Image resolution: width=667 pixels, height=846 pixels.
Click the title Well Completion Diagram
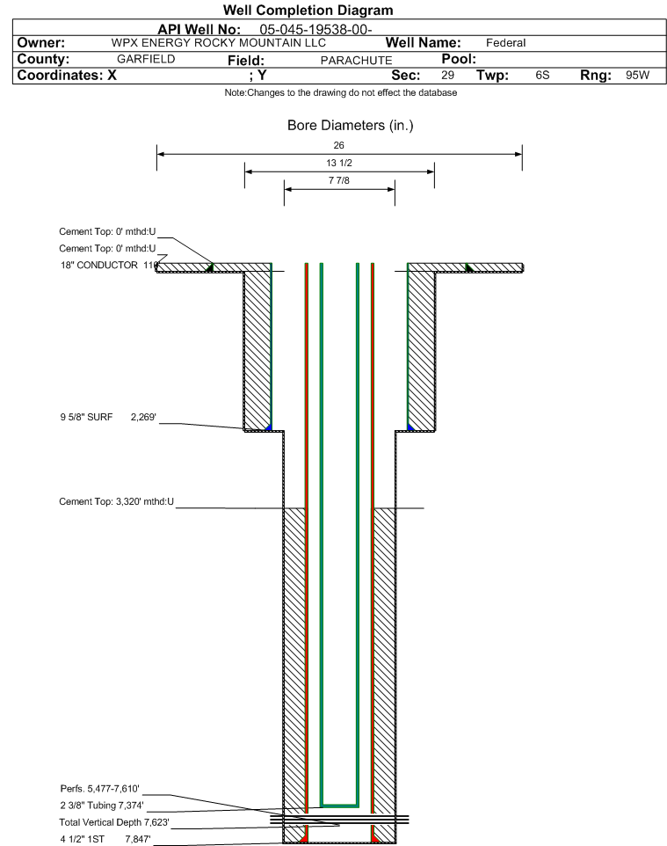(x=308, y=11)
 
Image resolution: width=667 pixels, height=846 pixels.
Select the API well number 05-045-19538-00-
(x=316, y=30)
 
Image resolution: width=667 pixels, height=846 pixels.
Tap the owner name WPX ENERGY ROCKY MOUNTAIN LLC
(x=219, y=43)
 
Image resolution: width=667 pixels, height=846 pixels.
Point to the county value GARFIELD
(x=146, y=59)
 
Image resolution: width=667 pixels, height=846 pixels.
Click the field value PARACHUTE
(x=357, y=61)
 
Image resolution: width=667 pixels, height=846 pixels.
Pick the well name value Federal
(x=506, y=43)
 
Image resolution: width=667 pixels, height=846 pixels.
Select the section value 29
(x=447, y=75)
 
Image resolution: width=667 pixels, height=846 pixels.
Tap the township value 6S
(x=542, y=75)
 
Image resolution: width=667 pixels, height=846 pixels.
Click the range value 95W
(x=637, y=75)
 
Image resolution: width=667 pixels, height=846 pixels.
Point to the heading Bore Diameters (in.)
(x=350, y=126)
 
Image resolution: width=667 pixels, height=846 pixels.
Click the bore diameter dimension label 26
(x=338, y=145)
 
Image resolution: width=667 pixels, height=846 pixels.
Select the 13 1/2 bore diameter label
(x=339, y=163)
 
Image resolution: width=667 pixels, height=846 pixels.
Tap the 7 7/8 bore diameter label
(x=338, y=180)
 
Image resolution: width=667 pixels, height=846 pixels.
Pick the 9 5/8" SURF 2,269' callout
(x=108, y=417)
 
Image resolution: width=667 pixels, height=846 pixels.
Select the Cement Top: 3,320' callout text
(x=117, y=502)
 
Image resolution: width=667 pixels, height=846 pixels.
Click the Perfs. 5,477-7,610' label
(x=100, y=789)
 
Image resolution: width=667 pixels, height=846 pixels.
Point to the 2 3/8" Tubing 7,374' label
(x=102, y=806)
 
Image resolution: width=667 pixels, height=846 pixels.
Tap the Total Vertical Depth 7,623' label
(x=114, y=822)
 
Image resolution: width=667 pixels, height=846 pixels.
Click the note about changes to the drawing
(x=341, y=93)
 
